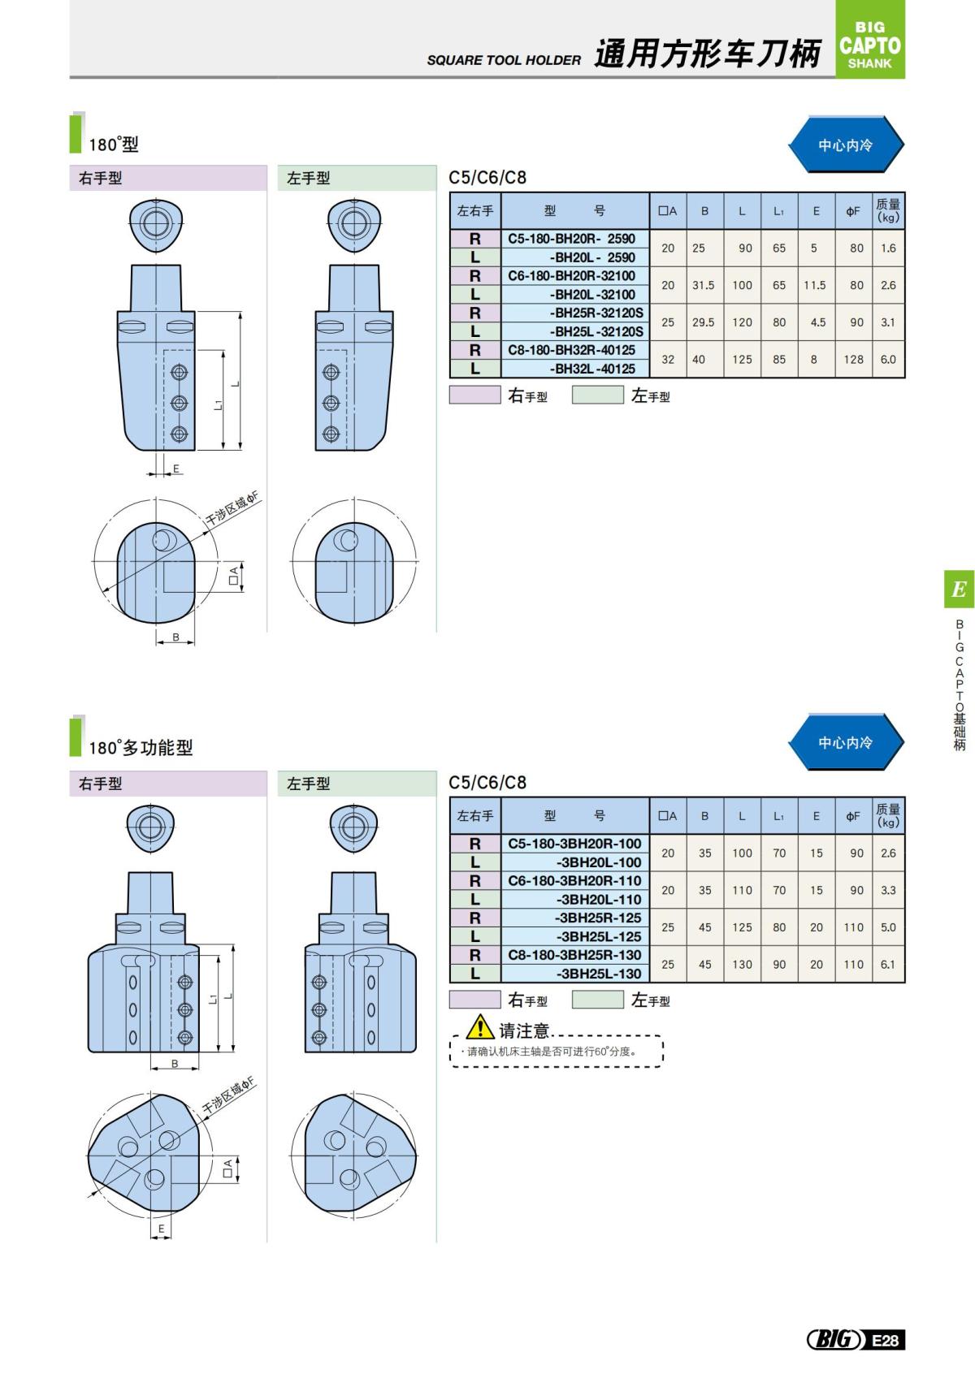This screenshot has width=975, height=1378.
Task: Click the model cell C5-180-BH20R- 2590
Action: tap(572, 239)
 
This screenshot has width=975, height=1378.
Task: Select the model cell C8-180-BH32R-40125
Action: tap(572, 350)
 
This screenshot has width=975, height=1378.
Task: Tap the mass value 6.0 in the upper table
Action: tap(888, 359)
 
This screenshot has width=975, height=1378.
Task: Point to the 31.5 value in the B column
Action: tap(704, 285)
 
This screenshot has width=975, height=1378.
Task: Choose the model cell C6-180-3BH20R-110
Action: tap(574, 881)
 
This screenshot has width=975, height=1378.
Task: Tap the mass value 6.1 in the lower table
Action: tap(888, 965)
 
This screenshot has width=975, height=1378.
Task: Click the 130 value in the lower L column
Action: tap(742, 965)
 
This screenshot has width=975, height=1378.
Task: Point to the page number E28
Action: tap(886, 1340)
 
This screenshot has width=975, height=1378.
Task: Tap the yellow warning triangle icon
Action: tap(480, 1027)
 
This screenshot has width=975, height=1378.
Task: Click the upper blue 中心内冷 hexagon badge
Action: tap(845, 145)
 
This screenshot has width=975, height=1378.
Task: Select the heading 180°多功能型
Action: tap(141, 748)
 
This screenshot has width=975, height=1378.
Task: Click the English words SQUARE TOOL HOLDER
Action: tap(504, 60)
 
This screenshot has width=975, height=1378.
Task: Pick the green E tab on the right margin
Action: tap(959, 590)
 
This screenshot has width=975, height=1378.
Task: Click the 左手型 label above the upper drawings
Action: tap(309, 178)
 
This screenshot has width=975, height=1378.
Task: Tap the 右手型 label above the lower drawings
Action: tap(100, 784)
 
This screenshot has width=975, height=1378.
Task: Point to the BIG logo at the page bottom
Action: tap(834, 1340)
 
